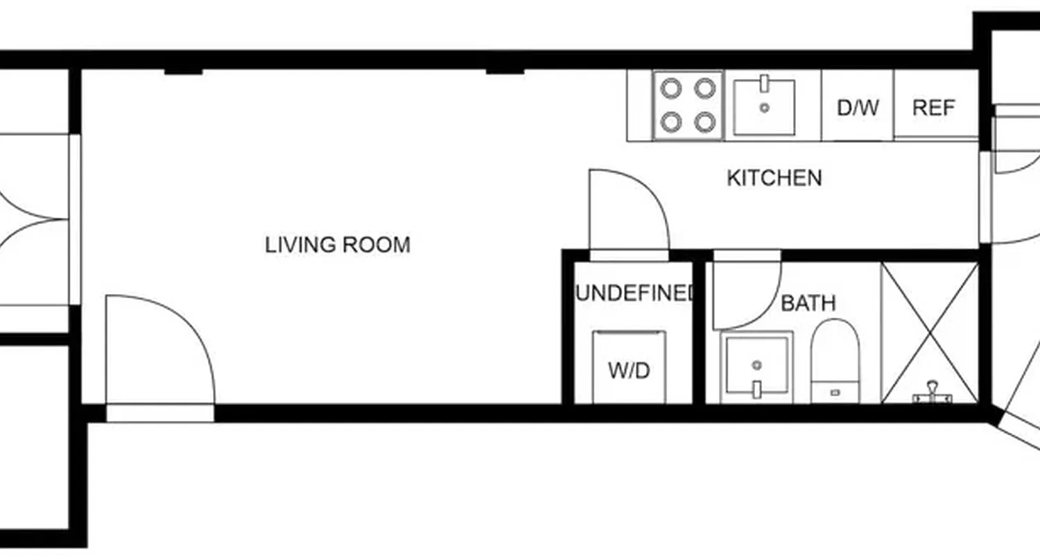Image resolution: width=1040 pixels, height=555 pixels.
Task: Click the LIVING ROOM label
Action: tap(338, 245)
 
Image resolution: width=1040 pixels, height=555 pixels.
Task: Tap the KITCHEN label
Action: tap(774, 178)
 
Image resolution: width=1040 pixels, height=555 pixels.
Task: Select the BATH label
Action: tap(808, 303)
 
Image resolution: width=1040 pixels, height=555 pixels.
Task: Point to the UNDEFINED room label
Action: tap(634, 293)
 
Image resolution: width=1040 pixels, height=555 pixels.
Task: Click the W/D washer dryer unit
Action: tap(629, 368)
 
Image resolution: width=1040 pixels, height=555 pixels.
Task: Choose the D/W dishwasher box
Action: tap(858, 108)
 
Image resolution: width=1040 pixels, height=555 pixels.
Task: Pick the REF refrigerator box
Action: tap(934, 108)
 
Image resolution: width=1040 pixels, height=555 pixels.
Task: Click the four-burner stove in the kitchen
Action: tap(687, 105)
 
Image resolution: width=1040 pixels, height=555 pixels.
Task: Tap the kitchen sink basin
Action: tap(764, 108)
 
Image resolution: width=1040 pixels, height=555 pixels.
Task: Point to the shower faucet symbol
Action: tap(933, 394)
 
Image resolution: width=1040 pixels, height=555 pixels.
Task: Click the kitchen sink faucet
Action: tap(764, 83)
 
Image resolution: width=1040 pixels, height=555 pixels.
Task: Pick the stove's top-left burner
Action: tap(670, 88)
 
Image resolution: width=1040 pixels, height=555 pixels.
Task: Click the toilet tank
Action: tap(835, 392)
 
